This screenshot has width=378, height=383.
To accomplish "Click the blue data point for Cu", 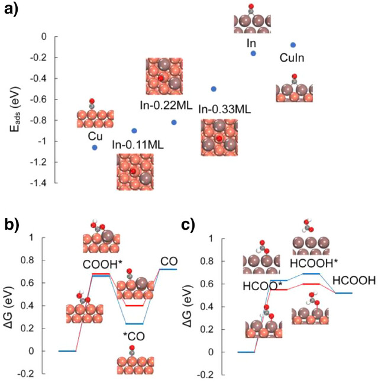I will tap(95, 147).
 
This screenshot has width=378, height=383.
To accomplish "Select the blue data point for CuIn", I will tap(293, 45).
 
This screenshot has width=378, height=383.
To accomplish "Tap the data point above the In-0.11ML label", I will tap(134, 130).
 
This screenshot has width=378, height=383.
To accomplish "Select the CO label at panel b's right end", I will tap(168, 261).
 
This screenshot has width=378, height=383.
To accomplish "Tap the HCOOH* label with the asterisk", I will tap(311, 263).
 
